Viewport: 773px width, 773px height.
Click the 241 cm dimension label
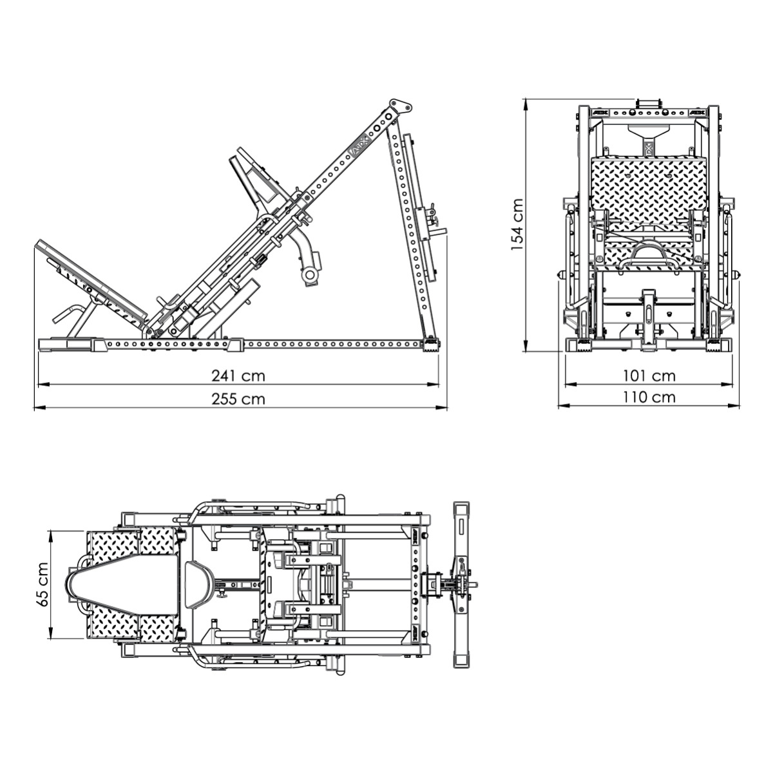[x=238, y=375]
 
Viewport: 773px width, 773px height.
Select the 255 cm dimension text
[x=238, y=399]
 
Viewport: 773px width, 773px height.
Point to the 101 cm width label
[x=649, y=375]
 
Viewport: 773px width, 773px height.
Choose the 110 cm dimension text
[x=649, y=397]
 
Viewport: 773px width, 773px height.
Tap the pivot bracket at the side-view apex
[x=400, y=106]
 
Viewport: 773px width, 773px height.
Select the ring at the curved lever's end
[x=310, y=275]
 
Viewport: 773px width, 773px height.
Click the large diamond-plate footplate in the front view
[x=644, y=187]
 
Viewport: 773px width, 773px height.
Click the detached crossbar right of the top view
[x=461, y=585]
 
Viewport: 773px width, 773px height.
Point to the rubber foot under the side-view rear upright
[x=430, y=347]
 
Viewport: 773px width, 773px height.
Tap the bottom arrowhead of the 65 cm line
[x=51, y=636]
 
